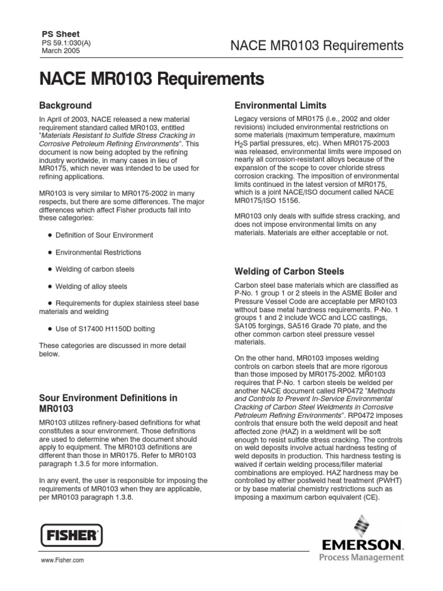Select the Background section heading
coord(65,106)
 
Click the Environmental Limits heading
coord(280,106)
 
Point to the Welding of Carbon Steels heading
coord(290,271)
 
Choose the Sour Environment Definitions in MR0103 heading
coord(108,403)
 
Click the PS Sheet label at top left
coord(60,34)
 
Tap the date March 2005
coord(61,51)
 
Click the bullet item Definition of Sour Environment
coord(104,235)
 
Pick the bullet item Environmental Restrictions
coord(98,252)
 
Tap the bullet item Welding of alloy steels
coord(91,286)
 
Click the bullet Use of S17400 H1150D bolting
coord(104,329)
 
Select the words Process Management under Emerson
coord(361,558)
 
